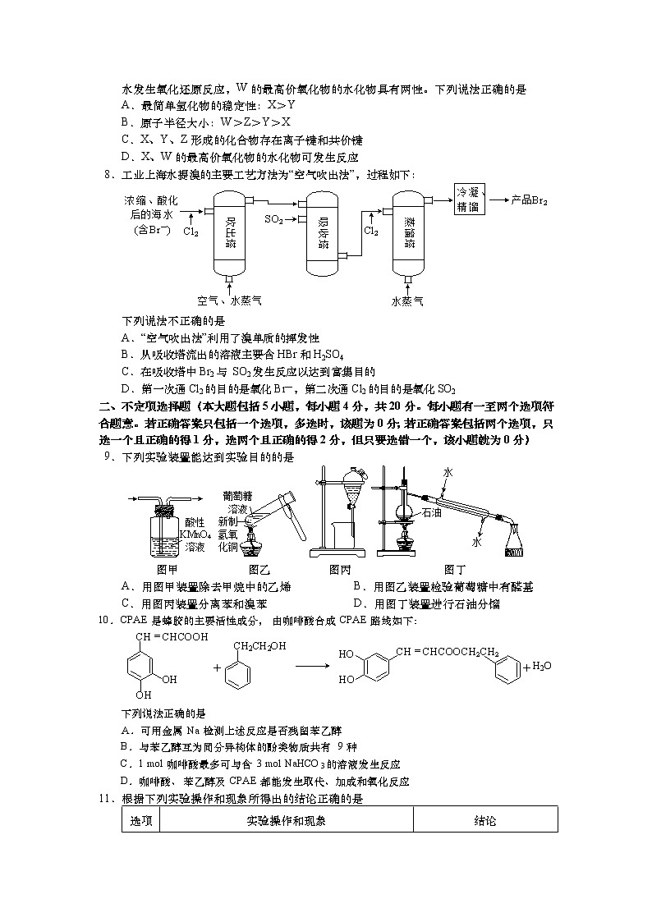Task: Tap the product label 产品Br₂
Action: coord(529,200)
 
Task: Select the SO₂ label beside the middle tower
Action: coord(274,219)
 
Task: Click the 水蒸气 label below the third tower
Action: coord(407,301)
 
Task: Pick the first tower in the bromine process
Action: coord(231,233)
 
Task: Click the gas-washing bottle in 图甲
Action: coord(167,533)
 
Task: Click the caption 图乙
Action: coord(259,569)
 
